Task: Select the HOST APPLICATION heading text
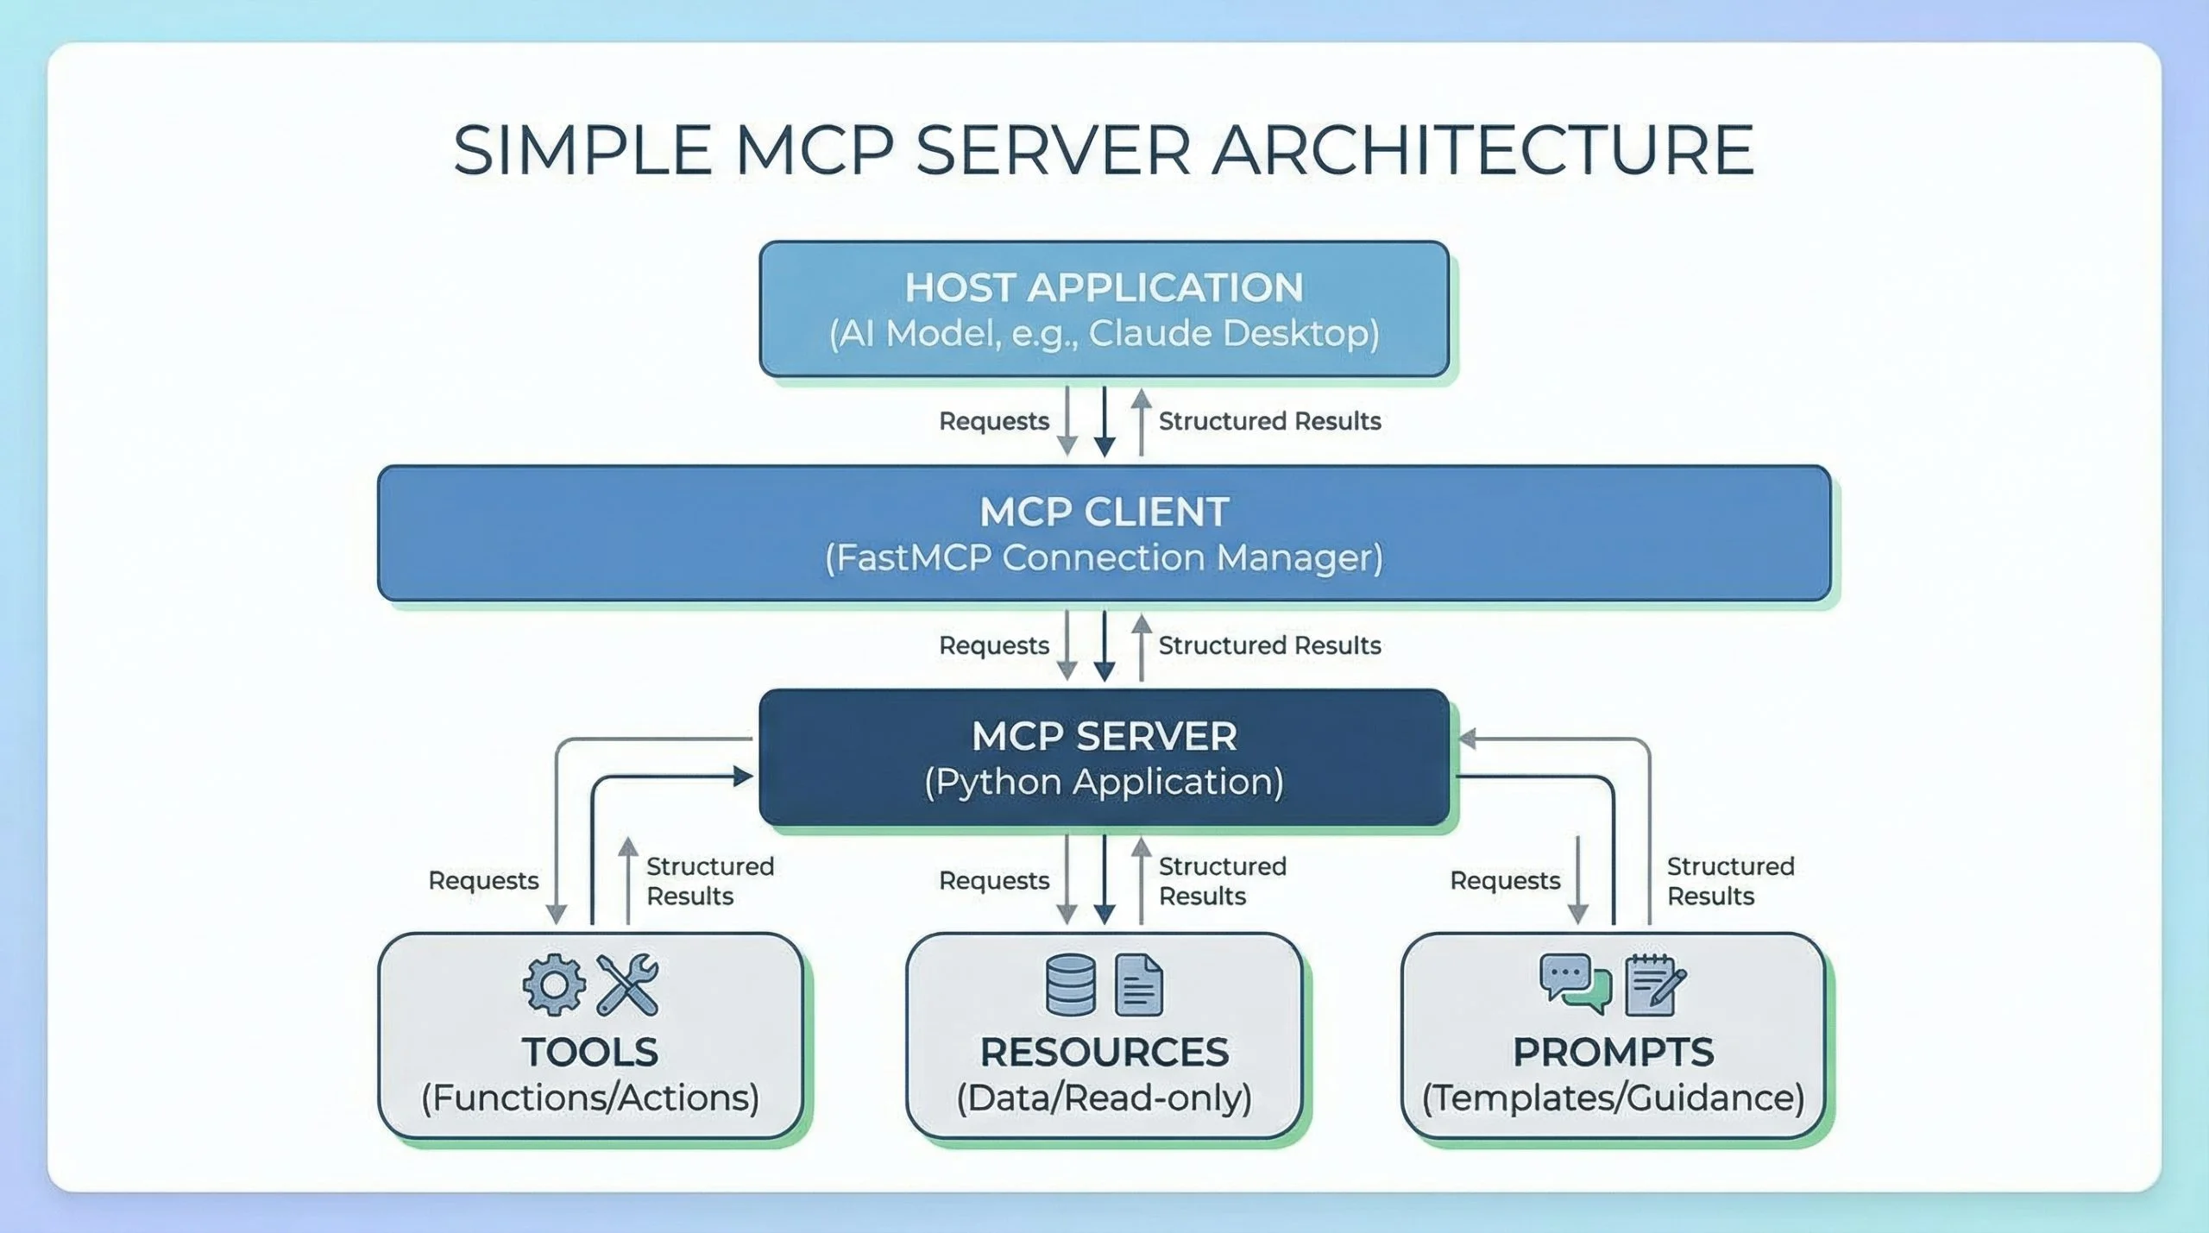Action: tap(1104, 287)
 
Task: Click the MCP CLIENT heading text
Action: tap(1104, 512)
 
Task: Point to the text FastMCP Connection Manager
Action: tap(1104, 557)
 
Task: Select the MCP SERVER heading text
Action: tap(1104, 736)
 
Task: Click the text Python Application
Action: tap(1104, 782)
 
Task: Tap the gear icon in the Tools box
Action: tap(554, 984)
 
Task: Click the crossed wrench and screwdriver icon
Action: tap(628, 984)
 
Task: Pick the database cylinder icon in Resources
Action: tap(1070, 984)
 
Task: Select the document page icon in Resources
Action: tap(1138, 985)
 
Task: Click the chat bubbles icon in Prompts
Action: tap(1575, 984)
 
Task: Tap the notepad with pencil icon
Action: tap(1653, 985)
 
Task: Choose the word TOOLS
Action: tap(590, 1052)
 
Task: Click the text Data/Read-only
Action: tap(1104, 1098)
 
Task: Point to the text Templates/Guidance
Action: tap(1613, 1098)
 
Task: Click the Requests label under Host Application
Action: tap(994, 421)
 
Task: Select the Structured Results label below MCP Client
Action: tap(1269, 645)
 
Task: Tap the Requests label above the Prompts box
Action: tap(1505, 880)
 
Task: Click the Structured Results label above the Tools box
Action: tap(709, 881)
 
